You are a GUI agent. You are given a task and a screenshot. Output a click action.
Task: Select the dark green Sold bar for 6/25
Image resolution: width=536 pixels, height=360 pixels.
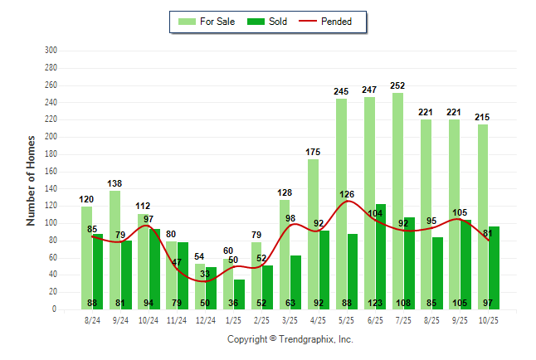(381, 249)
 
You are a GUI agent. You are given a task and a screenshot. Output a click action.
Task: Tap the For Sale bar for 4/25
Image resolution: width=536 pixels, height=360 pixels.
(313, 232)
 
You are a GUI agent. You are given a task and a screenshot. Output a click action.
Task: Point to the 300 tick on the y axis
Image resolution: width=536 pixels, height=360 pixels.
(51, 50)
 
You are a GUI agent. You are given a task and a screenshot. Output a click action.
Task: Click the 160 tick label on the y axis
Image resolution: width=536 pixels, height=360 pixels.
(51, 171)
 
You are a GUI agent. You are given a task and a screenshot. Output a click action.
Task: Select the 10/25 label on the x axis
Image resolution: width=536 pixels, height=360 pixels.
(489, 319)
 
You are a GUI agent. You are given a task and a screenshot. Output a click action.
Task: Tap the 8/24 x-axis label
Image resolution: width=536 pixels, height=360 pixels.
(92, 319)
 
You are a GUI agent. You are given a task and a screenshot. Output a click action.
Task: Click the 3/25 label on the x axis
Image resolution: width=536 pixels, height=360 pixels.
(290, 319)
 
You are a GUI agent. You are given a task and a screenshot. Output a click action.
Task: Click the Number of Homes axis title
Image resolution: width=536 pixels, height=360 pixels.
(31, 180)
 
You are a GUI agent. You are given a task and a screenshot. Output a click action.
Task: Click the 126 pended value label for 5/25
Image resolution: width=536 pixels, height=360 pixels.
(346, 195)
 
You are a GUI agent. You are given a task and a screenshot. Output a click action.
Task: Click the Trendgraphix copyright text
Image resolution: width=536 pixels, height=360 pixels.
(290, 339)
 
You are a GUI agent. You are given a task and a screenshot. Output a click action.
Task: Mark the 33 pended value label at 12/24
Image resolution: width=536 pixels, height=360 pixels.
(205, 273)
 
